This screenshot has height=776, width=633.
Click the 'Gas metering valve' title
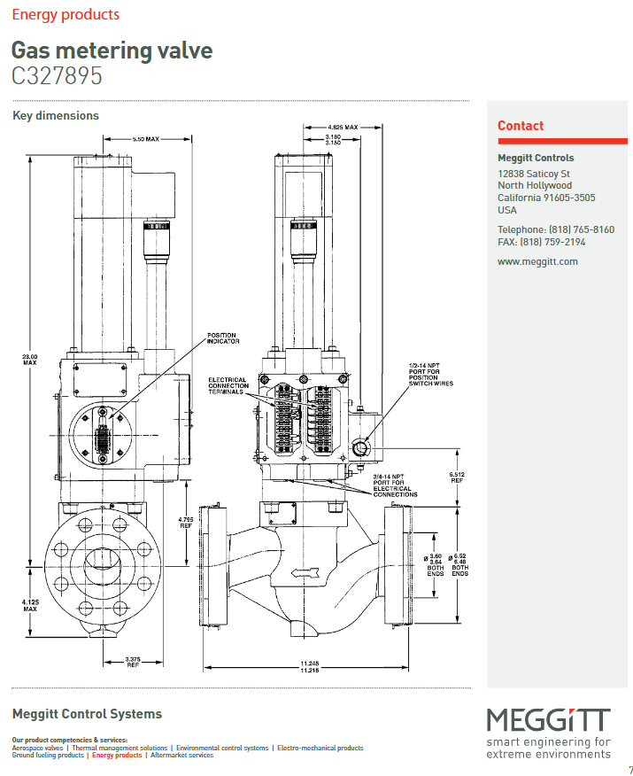pos(112,50)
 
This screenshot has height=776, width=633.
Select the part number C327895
pos(57,76)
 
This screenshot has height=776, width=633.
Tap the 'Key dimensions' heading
pos(56,116)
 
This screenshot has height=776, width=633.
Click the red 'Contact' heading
pos(521,126)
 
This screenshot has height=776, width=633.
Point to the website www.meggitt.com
pos(537,261)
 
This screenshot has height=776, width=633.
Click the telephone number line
pos(555,229)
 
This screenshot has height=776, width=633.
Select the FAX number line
pos(541,242)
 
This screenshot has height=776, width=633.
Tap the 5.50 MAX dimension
pos(145,140)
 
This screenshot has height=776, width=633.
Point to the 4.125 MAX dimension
pos(29,605)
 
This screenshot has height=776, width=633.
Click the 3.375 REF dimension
pos(133,661)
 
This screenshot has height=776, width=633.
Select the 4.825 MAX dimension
pos(342,128)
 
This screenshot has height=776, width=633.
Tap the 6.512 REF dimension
pos(457,477)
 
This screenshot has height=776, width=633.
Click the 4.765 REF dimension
pos(186,522)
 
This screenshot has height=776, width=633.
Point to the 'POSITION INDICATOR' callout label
pos(221,338)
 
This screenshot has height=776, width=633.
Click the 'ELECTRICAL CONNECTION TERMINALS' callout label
pos(228,386)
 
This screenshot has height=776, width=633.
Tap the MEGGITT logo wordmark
pos(548,719)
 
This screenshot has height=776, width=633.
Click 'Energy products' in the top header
pos(66,15)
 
